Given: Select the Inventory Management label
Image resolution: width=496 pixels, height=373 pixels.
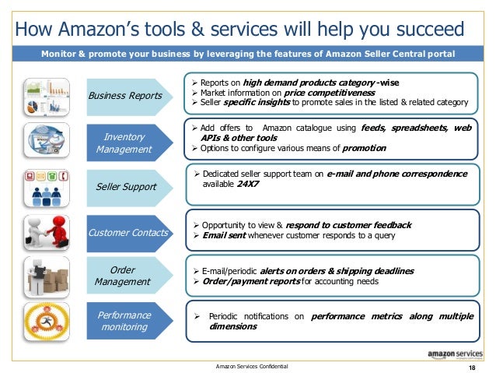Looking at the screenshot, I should pos(124,143).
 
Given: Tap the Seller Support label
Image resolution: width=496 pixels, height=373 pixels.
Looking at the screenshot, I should pos(126,187).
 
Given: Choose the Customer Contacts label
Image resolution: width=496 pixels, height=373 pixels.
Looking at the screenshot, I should pos(129,232).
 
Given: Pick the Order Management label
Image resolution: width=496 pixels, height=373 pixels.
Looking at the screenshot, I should pos(122,276).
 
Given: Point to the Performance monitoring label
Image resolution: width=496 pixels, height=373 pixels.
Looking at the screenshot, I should pos(123,322).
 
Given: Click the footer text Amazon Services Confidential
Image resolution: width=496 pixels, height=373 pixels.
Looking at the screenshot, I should pos(251,366).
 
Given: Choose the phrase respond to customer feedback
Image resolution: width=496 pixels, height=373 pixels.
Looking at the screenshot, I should pos(351,225).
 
